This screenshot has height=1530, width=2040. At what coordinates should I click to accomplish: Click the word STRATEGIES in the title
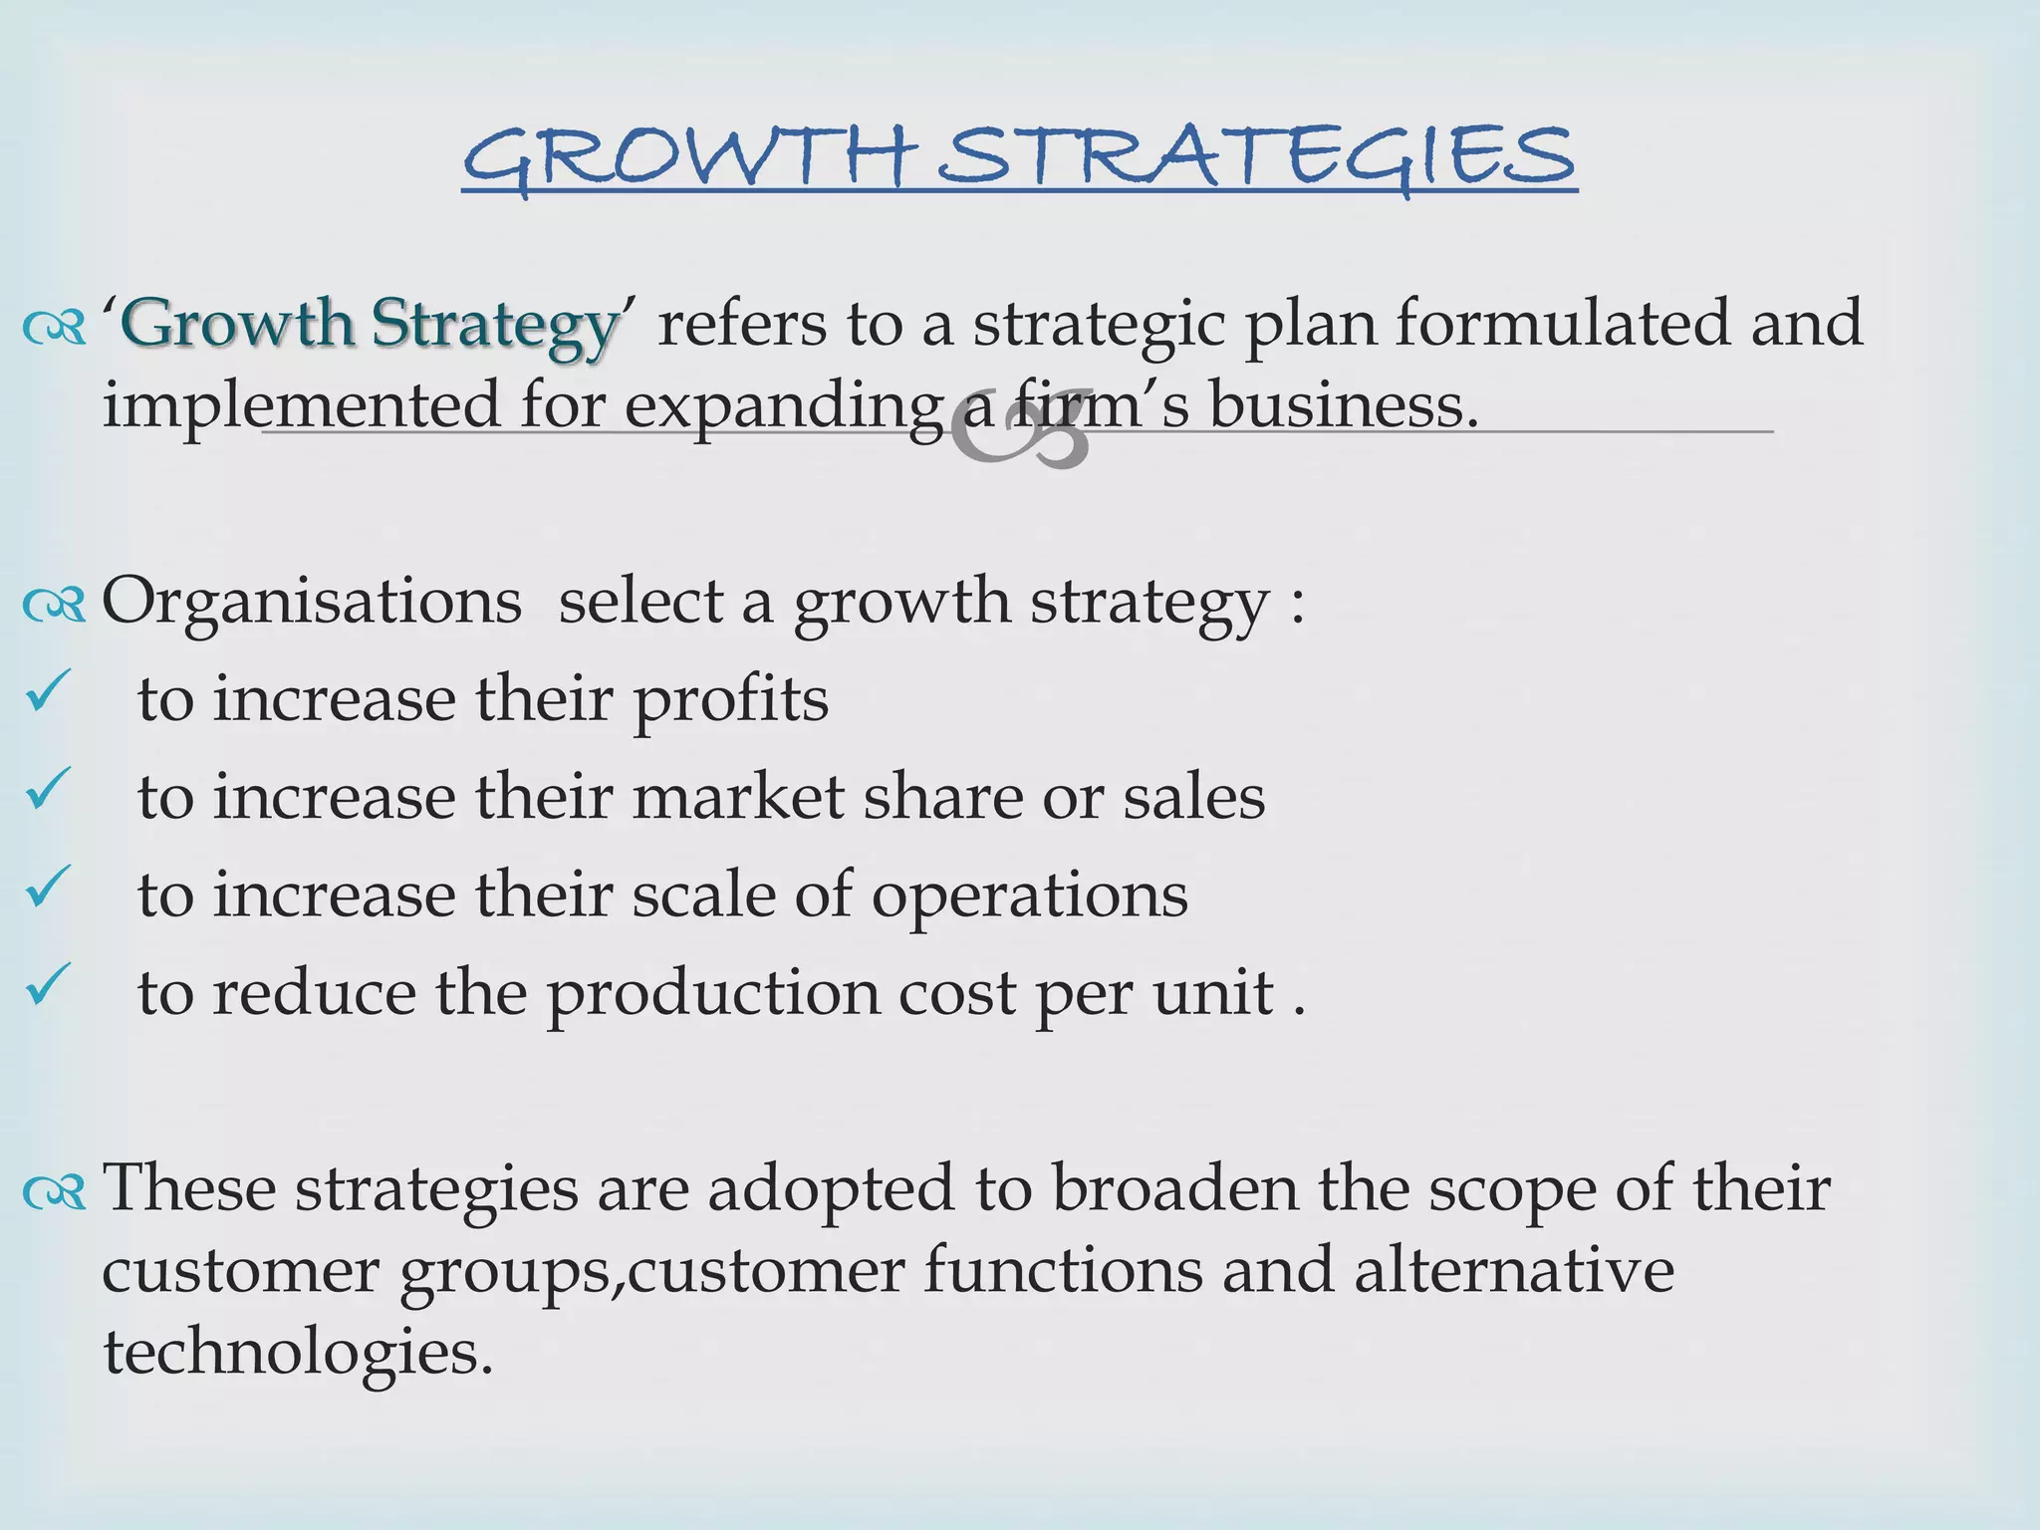tap(1256, 157)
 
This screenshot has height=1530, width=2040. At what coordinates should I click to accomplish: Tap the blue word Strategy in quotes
tap(495, 325)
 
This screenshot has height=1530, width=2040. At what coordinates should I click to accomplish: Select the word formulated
tap(1563, 323)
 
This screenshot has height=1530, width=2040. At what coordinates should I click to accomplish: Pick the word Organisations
tap(312, 601)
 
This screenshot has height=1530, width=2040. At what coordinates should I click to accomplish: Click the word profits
tap(730, 700)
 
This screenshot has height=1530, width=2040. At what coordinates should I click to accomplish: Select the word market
tap(738, 797)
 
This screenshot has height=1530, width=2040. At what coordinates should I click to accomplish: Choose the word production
tap(713, 994)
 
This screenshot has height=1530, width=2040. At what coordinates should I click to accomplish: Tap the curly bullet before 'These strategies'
tap(55, 1190)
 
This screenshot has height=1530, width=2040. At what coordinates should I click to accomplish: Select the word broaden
tap(1175, 1187)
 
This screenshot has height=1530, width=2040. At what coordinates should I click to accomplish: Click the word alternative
tap(1513, 1270)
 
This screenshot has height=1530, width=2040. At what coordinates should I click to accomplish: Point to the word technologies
tap(298, 1353)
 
